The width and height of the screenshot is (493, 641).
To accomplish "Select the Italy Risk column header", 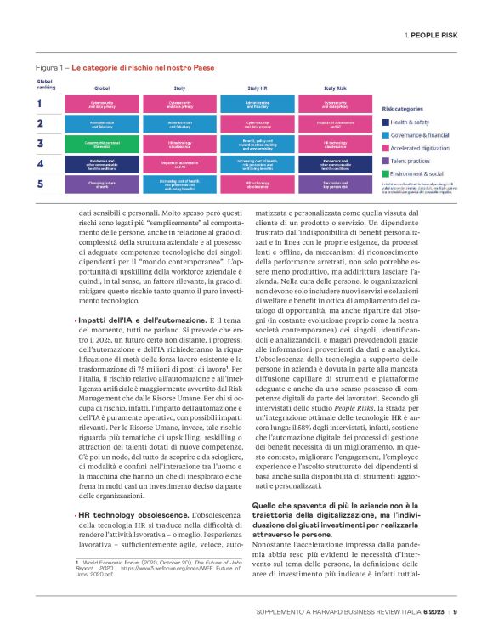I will (x=335, y=88).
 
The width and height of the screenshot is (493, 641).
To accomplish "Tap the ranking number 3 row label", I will (x=39, y=143).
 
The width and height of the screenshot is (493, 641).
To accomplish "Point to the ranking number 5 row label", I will (x=39, y=182).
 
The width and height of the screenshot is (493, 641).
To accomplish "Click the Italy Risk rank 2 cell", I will (x=335, y=124).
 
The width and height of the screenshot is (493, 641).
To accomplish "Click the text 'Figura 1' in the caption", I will (x=50, y=66).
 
